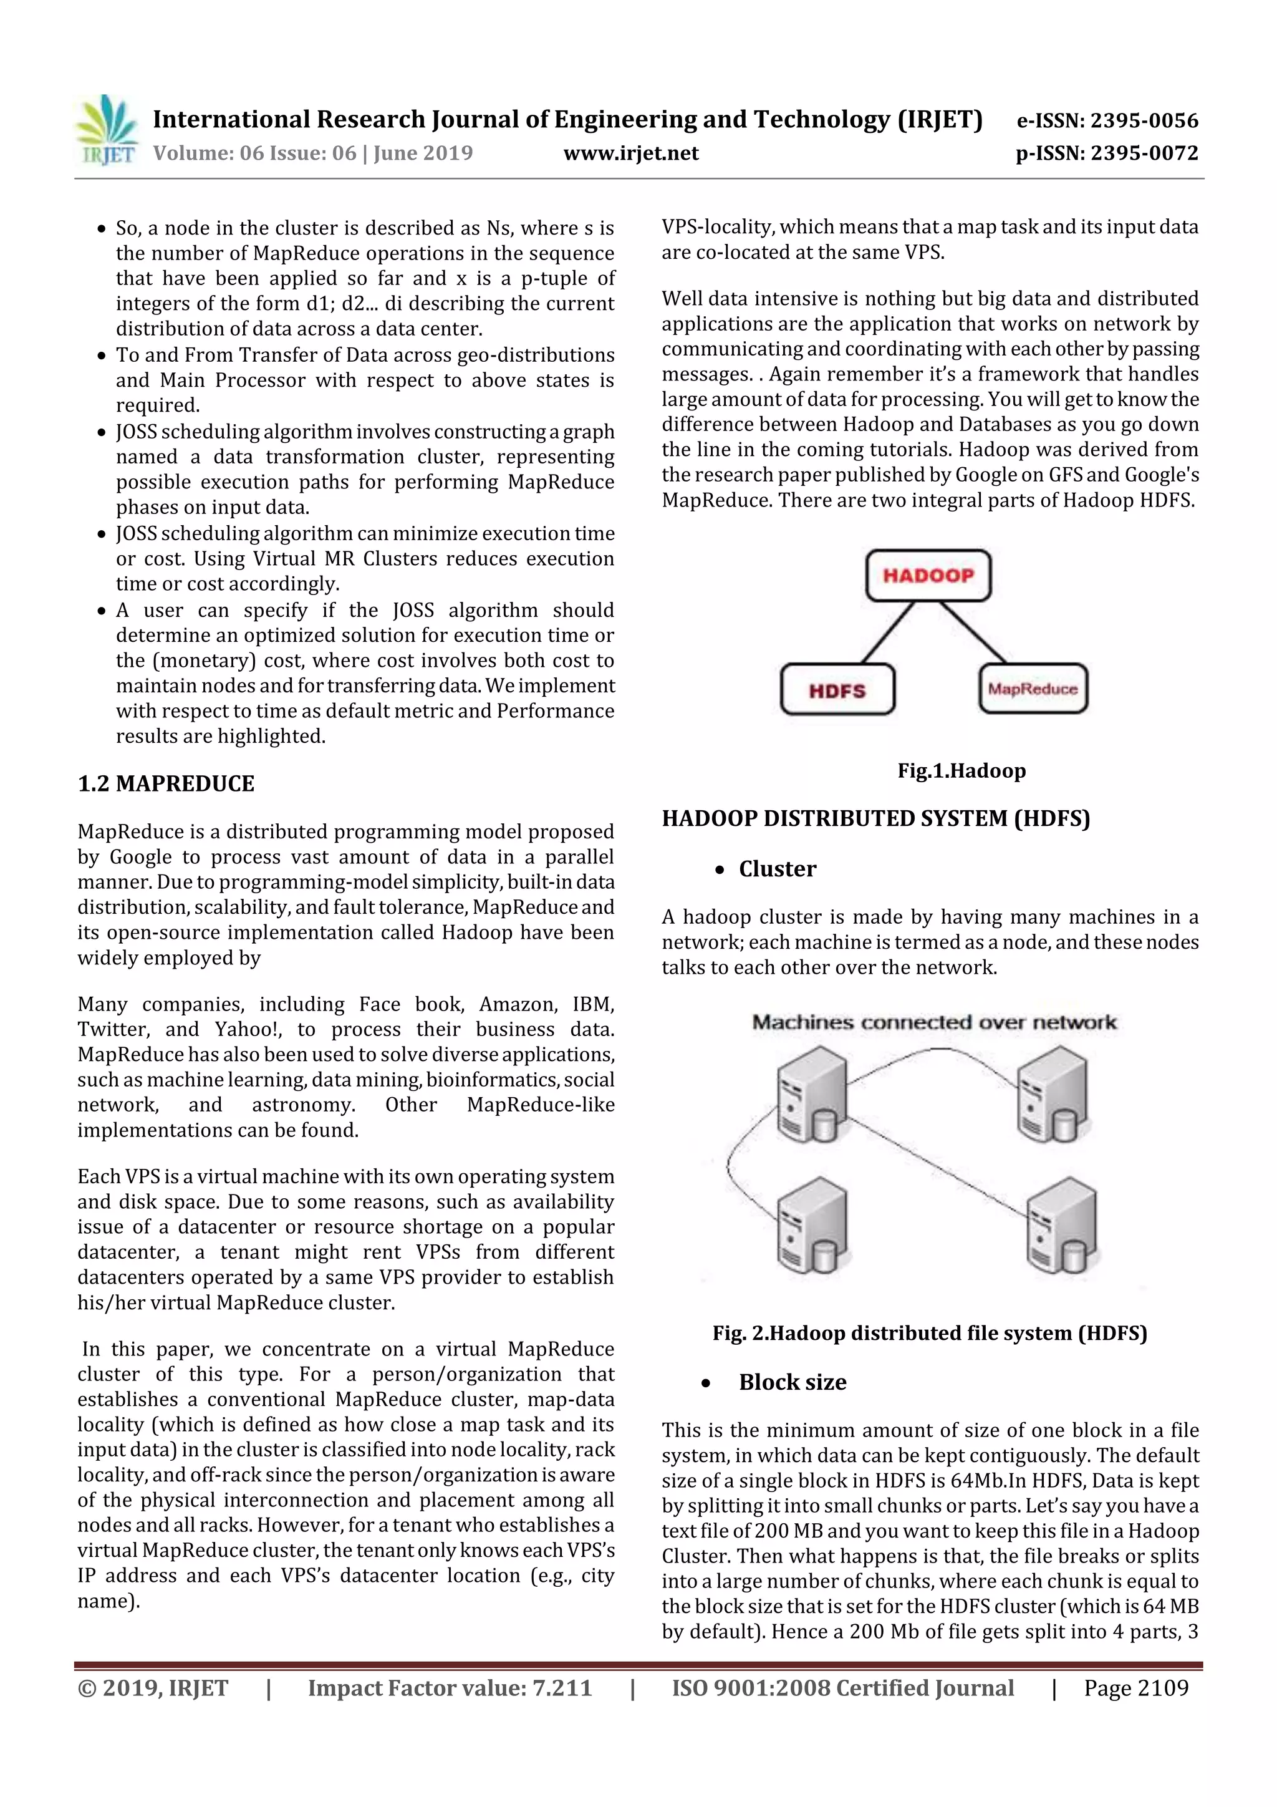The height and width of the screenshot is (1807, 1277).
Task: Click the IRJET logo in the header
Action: coord(107,130)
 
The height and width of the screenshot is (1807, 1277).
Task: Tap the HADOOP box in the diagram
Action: coord(928,575)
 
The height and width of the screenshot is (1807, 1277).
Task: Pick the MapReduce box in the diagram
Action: coord(1033,689)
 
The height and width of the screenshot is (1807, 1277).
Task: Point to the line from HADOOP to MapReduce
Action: coord(973,632)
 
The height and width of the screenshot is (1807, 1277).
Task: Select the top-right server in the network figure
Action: coord(1053,1093)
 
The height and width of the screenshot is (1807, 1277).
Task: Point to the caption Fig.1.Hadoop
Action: coord(961,770)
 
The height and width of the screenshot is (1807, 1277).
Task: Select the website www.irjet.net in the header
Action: coord(631,153)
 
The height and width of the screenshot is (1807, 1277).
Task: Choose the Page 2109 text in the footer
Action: coord(1135,1687)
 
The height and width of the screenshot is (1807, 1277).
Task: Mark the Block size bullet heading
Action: coord(793,1382)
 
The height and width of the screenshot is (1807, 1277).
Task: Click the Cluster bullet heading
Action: coord(778,869)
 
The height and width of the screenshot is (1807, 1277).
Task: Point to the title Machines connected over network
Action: coord(934,1022)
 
